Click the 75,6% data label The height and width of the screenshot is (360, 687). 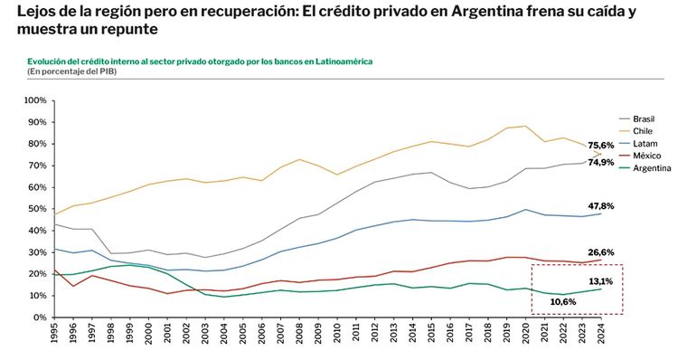tap(601, 145)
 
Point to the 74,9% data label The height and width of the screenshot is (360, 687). tap(601, 163)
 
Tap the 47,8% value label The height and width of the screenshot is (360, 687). tap(601, 206)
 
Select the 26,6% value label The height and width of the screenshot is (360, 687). tap(601, 252)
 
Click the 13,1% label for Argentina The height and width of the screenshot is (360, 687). tap(601, 281)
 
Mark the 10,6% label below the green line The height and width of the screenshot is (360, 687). tap(563, 302)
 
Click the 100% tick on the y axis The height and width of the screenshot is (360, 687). tap(35, 100)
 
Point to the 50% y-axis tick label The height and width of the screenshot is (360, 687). tap(38, 209)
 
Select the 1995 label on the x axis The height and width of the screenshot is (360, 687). tap(54, 333)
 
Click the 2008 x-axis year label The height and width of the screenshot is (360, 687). tap(299, 333)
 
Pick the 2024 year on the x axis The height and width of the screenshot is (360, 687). tap(601, 333)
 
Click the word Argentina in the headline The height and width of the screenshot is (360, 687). tap(486, 11)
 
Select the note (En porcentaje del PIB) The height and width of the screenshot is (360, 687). tap(71, 71)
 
